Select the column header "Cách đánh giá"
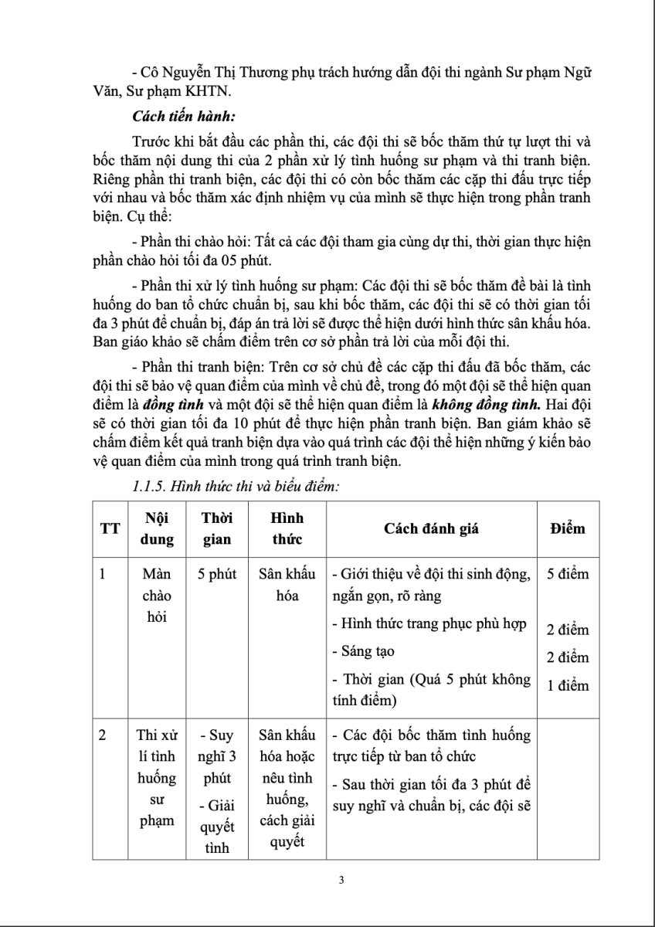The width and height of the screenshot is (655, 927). click(432, 528)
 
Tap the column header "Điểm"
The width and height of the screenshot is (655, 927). click(567, 528)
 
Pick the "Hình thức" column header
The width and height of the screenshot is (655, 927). click(280, 528)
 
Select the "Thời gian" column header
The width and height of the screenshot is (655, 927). click(216, 528)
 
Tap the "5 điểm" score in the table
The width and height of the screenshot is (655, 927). click(568, 574)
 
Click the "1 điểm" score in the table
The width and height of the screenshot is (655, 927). click(568, 685)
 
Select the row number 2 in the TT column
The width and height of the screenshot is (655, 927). click(103, 735)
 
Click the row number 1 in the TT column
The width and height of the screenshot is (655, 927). click(102, 575)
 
